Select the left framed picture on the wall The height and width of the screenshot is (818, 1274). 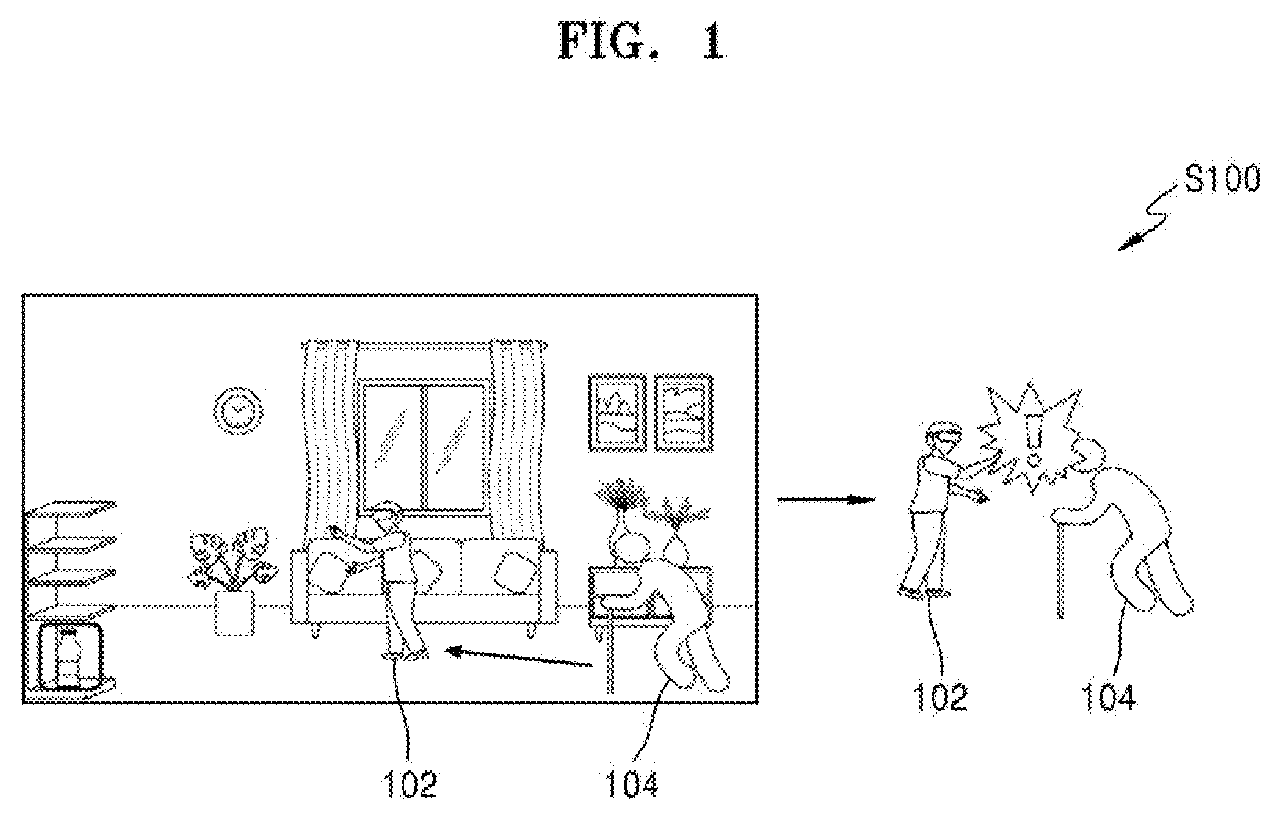point(617,412)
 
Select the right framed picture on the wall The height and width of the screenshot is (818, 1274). point(683,412)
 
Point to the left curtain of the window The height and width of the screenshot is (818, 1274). point(330,428)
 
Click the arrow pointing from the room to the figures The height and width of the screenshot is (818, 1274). point(826,498)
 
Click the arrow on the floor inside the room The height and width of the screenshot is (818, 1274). point(520,656)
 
